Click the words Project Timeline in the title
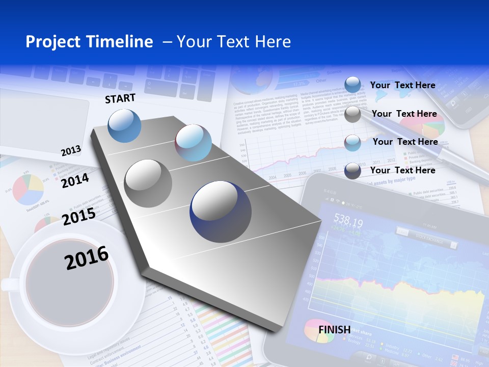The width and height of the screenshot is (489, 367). click(x=89, y=42)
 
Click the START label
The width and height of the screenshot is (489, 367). click(x=120, y=98)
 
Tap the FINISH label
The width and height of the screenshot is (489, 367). click(x=334, y=329)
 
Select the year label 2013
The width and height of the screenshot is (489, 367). click(x=71, y=151)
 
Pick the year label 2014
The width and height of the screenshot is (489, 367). click(x=75, y=180)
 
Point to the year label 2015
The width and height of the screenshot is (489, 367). click(x=79, y=216)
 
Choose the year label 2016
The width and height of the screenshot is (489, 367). click(x=87, y=257)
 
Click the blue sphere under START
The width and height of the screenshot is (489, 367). click(x=125, y=125)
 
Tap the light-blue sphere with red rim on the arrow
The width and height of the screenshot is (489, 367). click(x=193, y=143)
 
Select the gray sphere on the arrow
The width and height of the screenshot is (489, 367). click(x=148, y=183)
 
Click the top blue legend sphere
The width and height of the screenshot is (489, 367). click(x=352, y=85)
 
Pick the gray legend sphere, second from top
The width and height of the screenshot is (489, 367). click(x=352, y=114)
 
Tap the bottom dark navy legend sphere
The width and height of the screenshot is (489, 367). click(x=352, y=171)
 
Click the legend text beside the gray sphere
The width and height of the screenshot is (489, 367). click(x=404, y=114)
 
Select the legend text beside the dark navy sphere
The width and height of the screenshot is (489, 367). click(x=402, y=170)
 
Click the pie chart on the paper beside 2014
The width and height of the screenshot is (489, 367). click(x=28, y=189)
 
